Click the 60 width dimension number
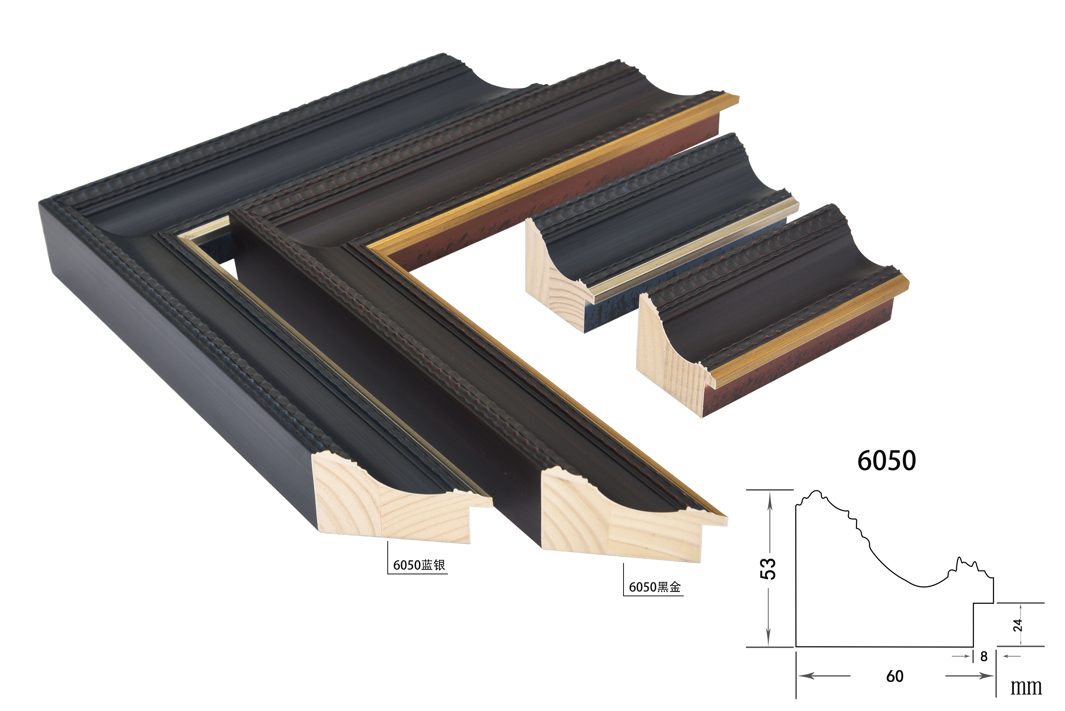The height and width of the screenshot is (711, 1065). point(895,676)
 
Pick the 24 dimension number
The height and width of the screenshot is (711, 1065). point(1018,625)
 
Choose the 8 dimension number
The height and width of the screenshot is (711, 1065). point(984,656)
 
